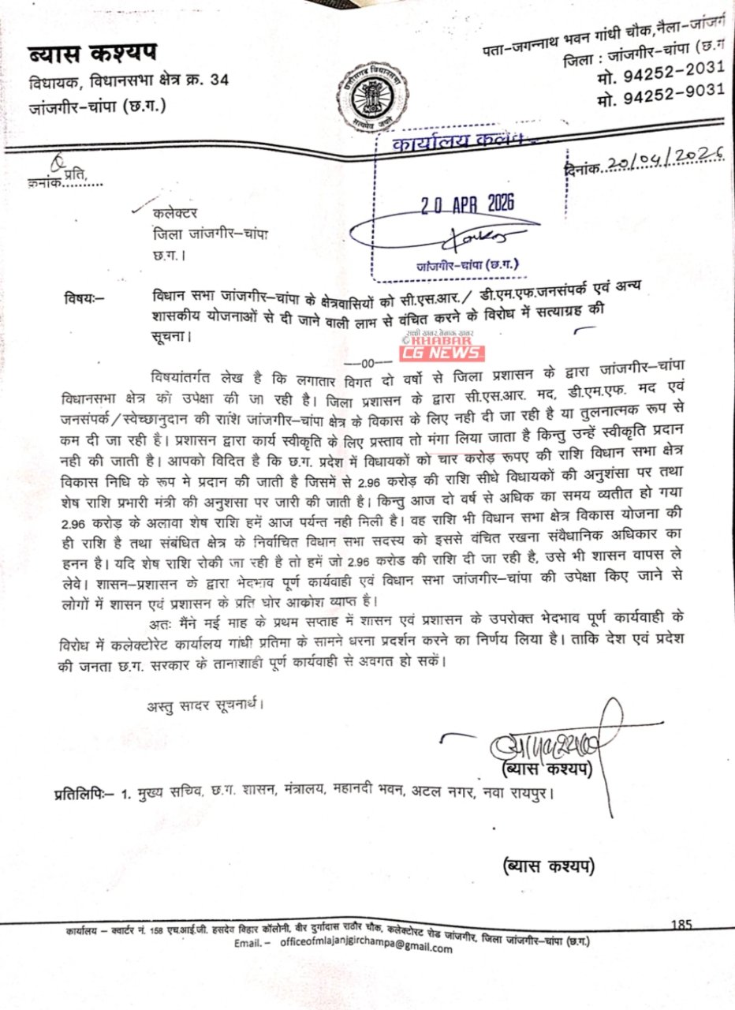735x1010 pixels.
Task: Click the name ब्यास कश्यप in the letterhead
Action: pos(93,55)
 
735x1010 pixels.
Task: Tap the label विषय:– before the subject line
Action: pos(87,297)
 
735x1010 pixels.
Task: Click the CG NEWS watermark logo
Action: pos(443,351)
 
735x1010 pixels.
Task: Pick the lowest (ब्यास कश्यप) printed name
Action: pos(548,866)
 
